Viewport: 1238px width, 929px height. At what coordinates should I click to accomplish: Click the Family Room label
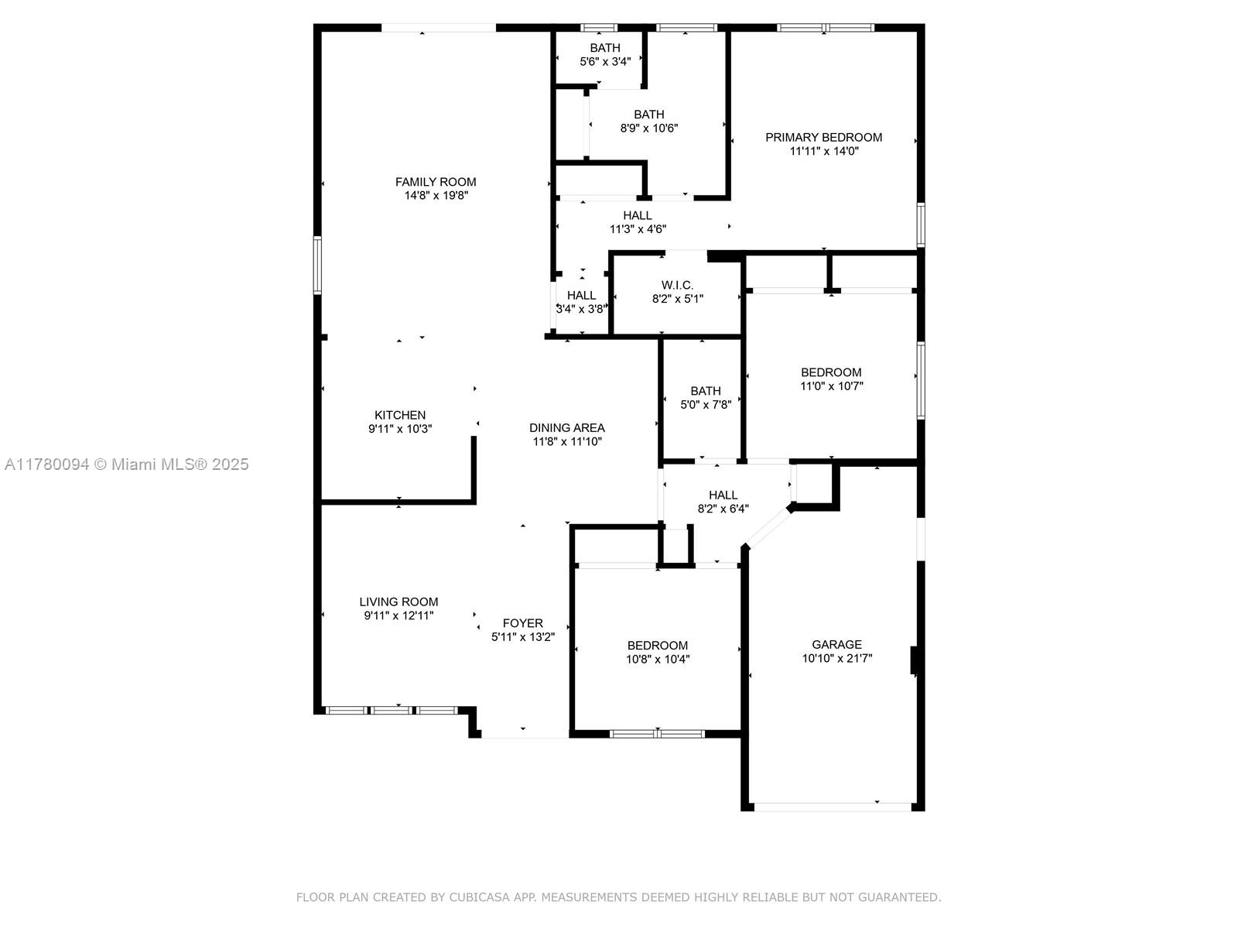point(436,182)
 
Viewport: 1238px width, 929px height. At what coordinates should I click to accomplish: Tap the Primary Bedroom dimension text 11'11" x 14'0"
point(823,151)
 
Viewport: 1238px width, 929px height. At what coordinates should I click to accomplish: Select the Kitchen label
point(400,415)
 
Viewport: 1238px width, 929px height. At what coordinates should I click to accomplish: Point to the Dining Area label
point(567,428)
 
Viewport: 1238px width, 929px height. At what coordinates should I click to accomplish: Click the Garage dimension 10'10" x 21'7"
point(837,658)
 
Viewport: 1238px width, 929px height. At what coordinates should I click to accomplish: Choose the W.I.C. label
point(677,286)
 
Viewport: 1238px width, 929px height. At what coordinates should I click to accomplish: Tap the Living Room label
point(398,602)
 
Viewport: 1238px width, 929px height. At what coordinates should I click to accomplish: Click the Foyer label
point(523,623)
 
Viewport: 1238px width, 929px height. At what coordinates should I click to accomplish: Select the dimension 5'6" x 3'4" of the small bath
point(605,61)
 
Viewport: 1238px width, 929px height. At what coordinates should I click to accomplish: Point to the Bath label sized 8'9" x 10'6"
point(648,115)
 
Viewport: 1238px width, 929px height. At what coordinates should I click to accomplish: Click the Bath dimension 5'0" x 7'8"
point(706,404)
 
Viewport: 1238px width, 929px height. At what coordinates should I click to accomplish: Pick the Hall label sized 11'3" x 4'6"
point(638,215)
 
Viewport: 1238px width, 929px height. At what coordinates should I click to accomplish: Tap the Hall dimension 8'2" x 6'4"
point(723,509)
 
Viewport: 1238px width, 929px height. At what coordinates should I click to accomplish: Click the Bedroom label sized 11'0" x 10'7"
point(831,372)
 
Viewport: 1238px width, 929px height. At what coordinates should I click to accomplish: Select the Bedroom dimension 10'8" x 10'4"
point(658,660)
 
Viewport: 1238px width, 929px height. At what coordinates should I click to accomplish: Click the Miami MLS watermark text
point(126,464)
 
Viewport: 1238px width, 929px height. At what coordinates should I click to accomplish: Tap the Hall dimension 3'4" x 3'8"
point(582,309)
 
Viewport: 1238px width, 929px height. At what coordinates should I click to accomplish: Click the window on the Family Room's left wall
point(317,265)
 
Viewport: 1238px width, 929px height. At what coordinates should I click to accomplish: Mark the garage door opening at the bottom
point(833,807)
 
